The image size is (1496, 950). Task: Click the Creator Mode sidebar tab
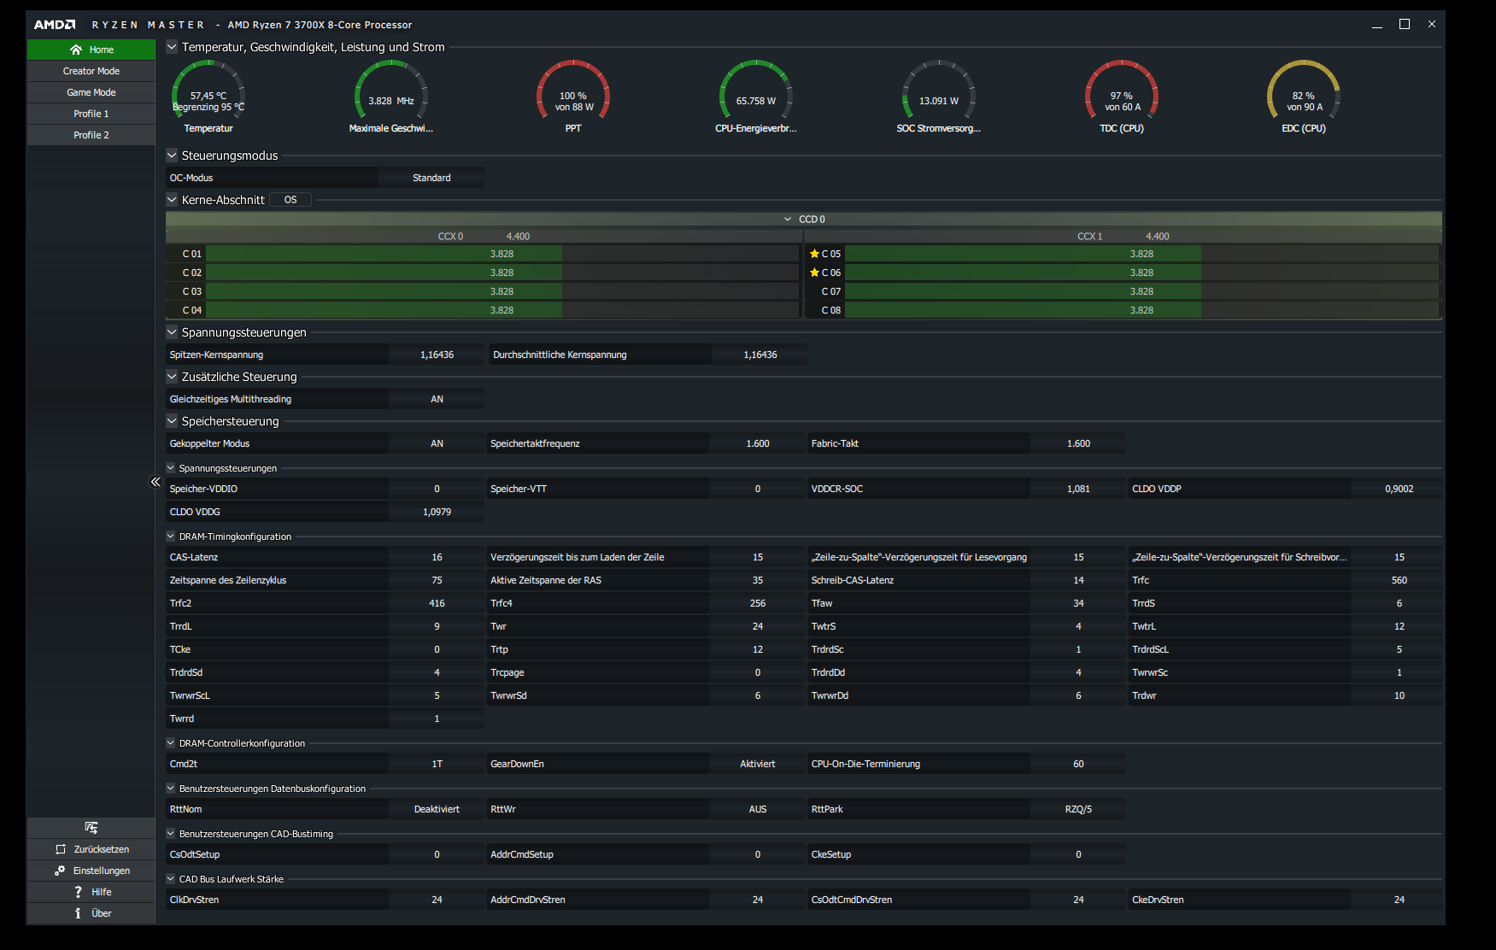(91, 71)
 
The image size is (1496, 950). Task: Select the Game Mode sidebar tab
(91, 92)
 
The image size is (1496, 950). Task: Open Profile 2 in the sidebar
(91, 135)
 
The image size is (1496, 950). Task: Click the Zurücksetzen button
(91, 849)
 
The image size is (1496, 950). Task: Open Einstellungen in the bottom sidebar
(91, 871)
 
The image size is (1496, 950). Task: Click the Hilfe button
(91, 892)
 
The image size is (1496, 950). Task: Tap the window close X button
(1432, 24)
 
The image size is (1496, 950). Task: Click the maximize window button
(1405, 24)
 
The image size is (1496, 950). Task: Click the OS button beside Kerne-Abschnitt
(290, 200)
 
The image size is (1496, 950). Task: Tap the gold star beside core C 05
(814, 254)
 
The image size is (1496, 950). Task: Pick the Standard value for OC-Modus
(431, 178)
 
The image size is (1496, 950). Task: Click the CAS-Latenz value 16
(437, 557)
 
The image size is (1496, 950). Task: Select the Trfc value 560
(1399, 580)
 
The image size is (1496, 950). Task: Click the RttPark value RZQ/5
(1078, 809)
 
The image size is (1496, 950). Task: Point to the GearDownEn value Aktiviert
(758, 764)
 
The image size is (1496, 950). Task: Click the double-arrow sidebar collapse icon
(155, 482)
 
